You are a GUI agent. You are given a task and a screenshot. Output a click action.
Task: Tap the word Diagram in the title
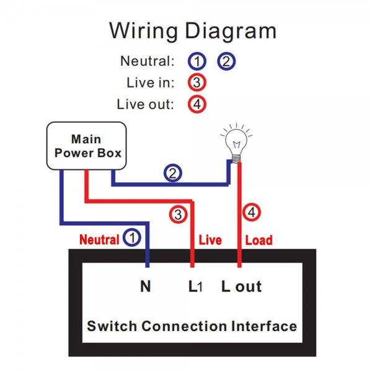[228, 31]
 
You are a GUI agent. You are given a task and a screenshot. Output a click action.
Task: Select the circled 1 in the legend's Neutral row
[197, 61]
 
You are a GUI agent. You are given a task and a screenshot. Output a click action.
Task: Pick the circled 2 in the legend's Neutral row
[226, 61]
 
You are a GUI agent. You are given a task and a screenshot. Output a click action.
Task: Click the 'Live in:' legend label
[150, 82]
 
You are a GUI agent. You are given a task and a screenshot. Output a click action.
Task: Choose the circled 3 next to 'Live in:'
[197, 82]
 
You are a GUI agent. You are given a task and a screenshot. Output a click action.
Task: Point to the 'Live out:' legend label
[145, 104]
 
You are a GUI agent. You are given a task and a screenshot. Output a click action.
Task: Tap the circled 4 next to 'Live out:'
[197, 104]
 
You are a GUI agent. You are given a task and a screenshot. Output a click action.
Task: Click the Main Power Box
[87, 146]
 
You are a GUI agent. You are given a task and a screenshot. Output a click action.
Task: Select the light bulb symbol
[236, 143]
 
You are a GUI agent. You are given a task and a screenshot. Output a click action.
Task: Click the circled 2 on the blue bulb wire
[173, 174]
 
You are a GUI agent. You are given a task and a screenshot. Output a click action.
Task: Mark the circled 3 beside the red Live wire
[178, 215]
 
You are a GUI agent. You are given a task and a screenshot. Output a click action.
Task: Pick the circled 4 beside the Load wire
[251, 213]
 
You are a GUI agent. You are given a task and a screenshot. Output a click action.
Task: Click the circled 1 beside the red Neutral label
[131, 237]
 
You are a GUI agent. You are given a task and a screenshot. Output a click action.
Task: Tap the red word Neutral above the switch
[99, 239]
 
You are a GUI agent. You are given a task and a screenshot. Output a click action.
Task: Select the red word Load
[259, 240]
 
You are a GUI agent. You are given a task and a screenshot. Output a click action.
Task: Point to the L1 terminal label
[195, 286]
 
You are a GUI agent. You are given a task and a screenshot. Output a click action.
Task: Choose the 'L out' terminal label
[242, 286]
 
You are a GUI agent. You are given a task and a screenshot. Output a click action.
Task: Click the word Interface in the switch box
[263, 326]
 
